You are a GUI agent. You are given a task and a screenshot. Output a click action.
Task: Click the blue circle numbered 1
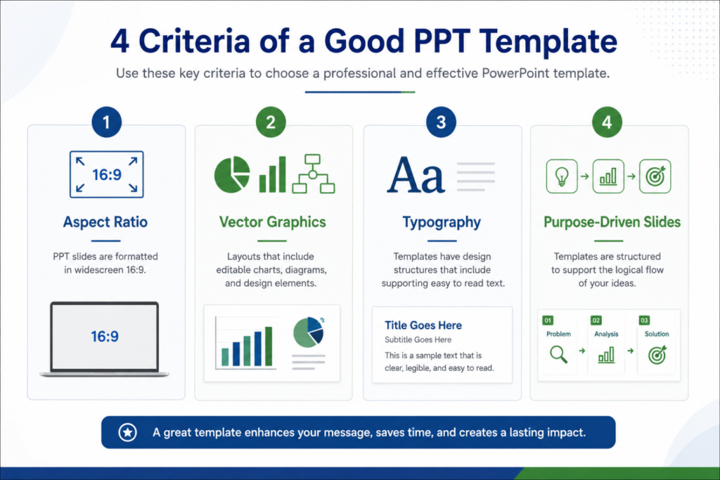(107, 122)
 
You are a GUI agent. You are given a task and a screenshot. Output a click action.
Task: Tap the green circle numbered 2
(271, 122)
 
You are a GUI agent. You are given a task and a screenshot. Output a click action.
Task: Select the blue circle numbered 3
(441, 122)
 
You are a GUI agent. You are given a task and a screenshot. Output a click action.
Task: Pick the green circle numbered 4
(607, 122)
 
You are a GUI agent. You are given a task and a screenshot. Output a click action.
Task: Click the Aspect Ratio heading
(105, 222)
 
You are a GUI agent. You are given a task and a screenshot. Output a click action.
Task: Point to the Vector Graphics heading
(273, 222)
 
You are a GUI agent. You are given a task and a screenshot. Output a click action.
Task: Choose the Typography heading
(442, 223)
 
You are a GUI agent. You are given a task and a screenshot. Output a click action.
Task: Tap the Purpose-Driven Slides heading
(612, 222)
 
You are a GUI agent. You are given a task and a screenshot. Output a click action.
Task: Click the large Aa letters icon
(416, 175)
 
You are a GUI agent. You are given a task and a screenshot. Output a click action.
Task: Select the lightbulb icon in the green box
(562, 176)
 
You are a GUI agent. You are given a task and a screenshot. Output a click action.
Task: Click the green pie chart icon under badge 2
(232, 174)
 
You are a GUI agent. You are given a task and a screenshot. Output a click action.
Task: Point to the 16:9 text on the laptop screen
(105, 337)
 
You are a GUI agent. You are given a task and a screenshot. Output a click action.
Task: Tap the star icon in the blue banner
(128, 432)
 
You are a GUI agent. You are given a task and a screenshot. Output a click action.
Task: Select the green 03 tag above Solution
(644, 320)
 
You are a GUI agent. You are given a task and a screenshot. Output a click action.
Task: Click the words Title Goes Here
(423, 325)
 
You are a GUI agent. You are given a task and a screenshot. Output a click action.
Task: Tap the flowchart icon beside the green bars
(314, 174)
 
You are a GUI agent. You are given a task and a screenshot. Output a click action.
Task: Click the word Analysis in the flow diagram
(606, 334)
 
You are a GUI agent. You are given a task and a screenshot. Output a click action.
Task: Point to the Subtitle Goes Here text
(418, 339)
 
